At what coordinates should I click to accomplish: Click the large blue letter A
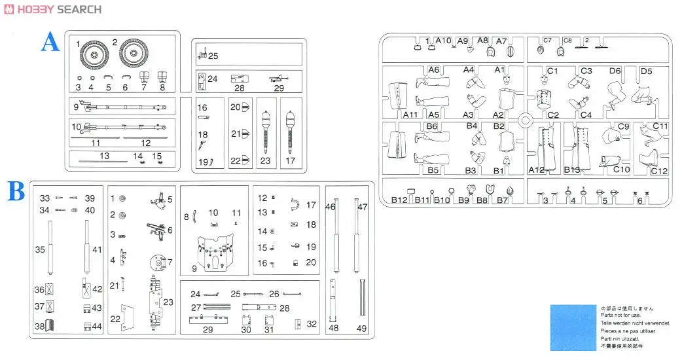(50, 43)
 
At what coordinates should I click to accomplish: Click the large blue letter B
(16, 191)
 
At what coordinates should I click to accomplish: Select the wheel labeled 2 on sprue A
(136, 56)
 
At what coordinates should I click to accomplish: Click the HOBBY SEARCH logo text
(52, 9)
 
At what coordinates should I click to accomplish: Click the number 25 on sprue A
(213, 56)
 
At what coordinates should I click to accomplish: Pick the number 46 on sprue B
(331, 207)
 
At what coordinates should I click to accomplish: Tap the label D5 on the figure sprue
(646, 71)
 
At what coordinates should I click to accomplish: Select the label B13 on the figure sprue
(571, 170)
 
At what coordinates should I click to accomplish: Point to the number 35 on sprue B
(41, 249)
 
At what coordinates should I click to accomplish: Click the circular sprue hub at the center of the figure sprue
(525, 120)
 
